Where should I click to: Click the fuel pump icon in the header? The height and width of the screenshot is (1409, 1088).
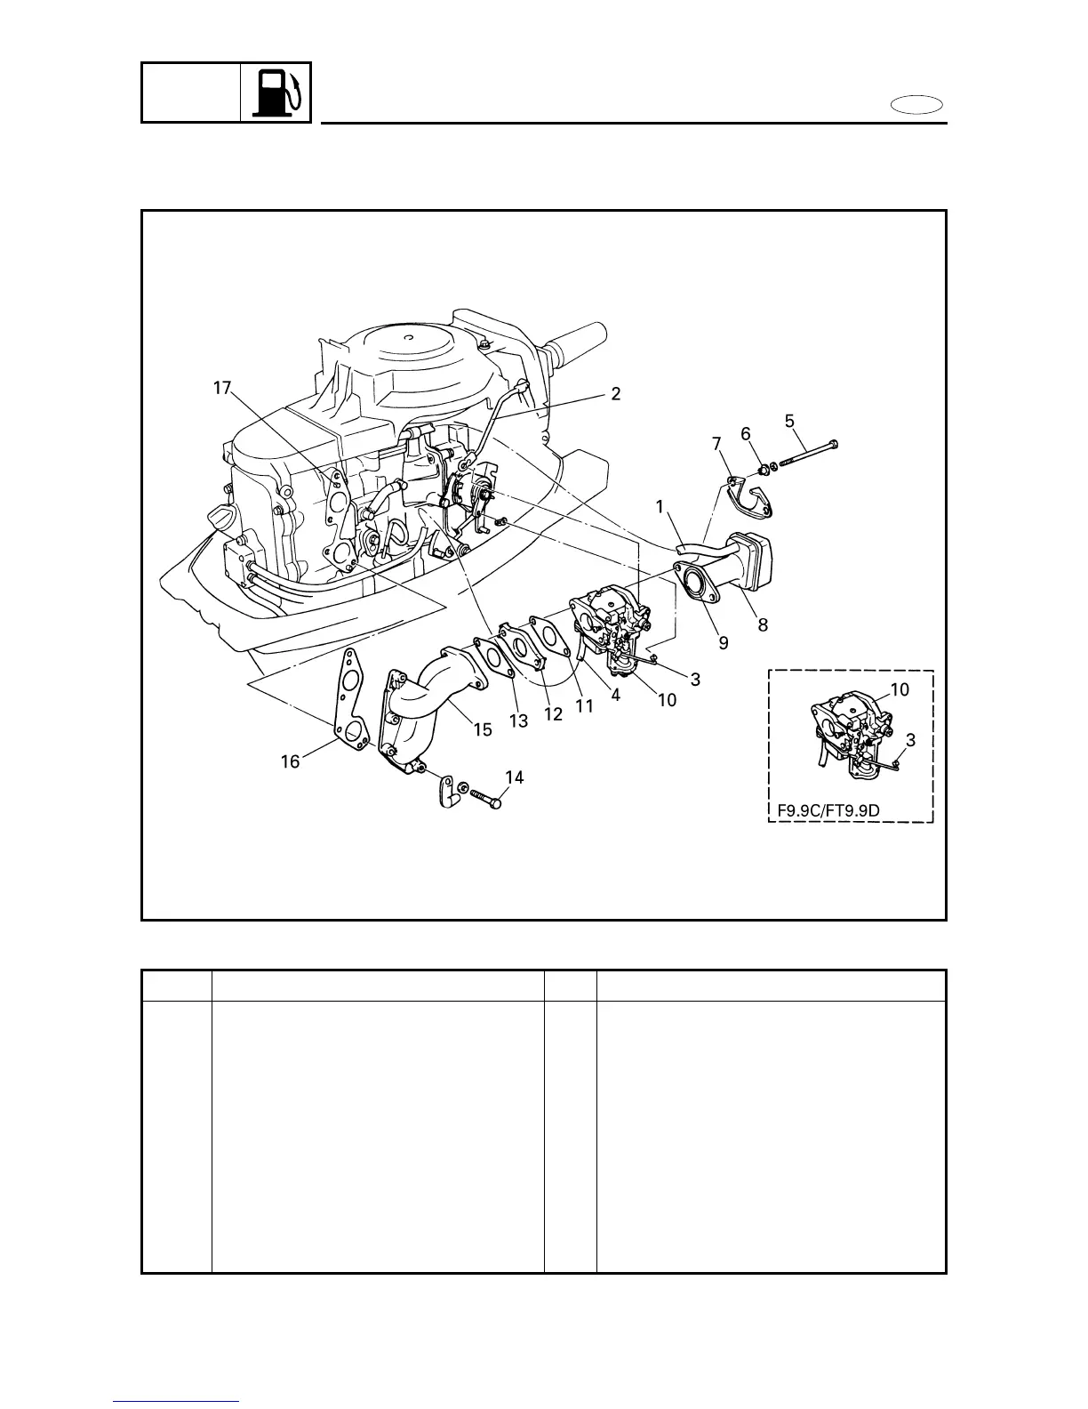(276, 93)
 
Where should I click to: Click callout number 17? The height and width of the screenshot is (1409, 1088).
(222, 388)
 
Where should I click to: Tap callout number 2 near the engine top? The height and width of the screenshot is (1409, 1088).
(615, 393)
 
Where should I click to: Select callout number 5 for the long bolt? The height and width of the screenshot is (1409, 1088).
(790, 422)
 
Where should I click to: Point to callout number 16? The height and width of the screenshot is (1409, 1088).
(291, 761)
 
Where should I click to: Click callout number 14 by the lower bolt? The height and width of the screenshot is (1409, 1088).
(514, 777)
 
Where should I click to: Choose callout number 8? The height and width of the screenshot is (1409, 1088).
(763, 625)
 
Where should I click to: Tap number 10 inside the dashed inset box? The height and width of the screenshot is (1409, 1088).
(900, 689)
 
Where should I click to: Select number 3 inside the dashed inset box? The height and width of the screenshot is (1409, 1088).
(911, 739)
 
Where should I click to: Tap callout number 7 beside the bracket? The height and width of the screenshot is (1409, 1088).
(716, 443)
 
